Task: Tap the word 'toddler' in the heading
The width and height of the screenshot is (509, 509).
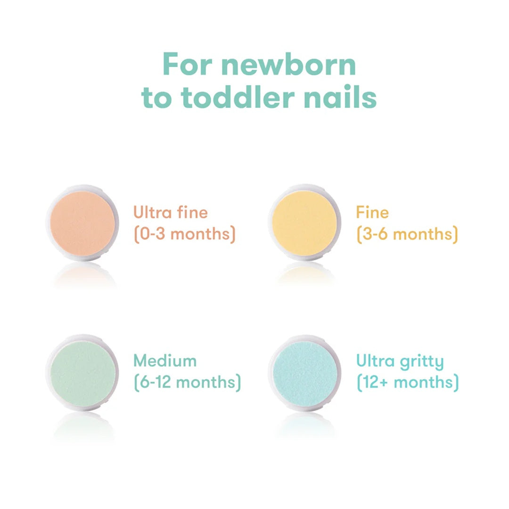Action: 238,97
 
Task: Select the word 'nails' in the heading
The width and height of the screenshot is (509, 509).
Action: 340,97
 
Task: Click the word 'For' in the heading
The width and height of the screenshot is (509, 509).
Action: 188,65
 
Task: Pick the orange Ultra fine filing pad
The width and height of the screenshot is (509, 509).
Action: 82,223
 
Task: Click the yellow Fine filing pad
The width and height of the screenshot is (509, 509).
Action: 304,222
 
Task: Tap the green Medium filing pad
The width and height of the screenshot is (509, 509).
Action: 82,373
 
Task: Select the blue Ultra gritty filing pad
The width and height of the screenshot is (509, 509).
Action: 304,373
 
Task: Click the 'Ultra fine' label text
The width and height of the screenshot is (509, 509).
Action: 171,213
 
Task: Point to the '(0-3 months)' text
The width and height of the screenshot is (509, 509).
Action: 184,234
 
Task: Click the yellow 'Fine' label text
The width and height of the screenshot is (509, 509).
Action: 372,213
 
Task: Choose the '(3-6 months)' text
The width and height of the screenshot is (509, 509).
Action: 407,234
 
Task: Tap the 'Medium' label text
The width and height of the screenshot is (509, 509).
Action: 165,361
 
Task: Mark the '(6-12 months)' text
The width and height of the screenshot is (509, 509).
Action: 187,382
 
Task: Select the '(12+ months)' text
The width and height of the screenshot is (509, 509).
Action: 407,382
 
